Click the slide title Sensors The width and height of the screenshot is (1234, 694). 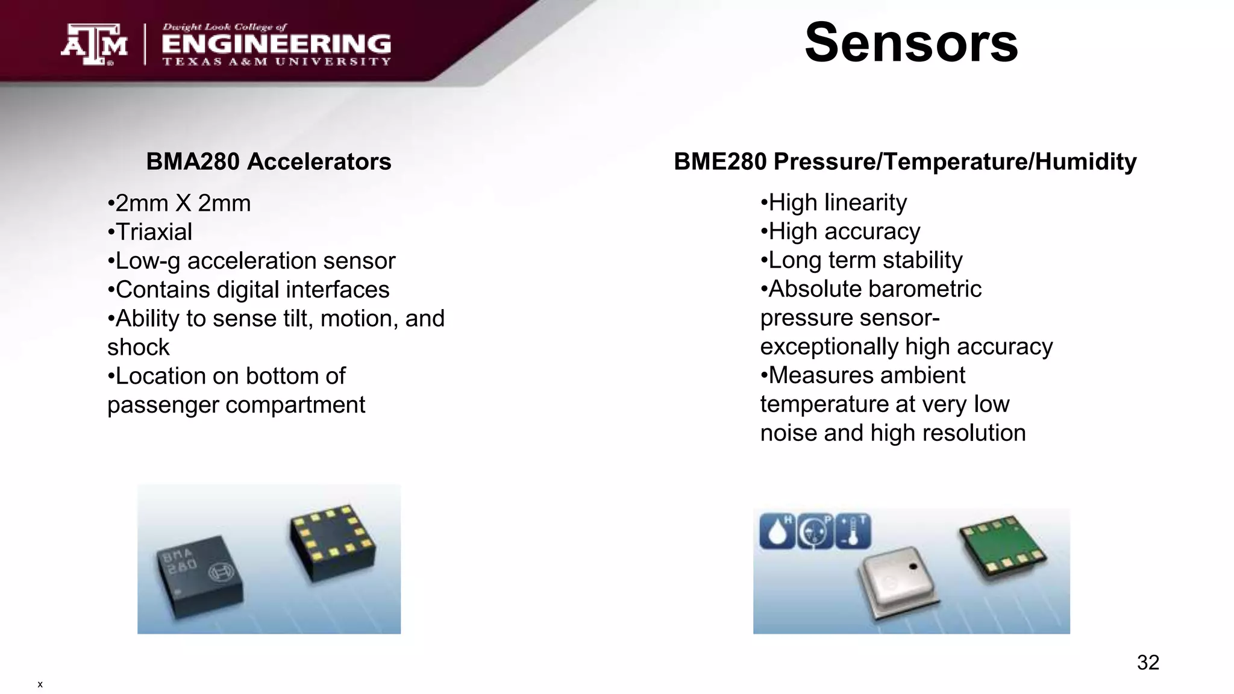point(910,43)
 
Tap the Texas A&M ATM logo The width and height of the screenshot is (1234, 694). point(94,44)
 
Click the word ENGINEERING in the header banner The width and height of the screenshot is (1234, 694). point(277,44)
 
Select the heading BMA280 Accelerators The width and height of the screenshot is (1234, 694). point(269,161)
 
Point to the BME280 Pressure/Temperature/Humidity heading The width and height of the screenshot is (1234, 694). point(905,161)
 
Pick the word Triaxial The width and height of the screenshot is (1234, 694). point(154,232)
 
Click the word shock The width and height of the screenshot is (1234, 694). point(139,348)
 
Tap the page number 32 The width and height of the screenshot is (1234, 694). point(1148,663)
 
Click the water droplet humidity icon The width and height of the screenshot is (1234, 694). point(777,531)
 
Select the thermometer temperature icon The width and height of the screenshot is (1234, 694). point(853,531)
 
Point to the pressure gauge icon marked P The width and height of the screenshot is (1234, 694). point(815,531)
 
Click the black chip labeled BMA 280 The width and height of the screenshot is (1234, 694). point(199,575)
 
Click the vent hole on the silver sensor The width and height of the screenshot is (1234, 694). point(913,566)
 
